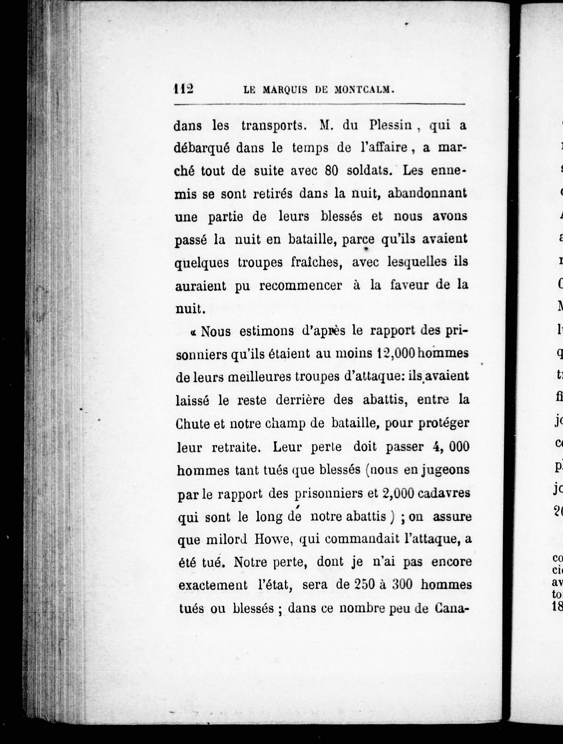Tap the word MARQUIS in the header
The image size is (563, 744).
(x=285, y=90)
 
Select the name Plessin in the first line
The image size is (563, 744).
(x=390, y=126)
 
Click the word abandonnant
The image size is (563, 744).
(x=427, y=193)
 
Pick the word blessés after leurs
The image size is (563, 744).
(x=341, y=216)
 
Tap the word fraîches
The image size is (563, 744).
(x=316, y=262)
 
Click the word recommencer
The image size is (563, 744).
(x=301, y=286)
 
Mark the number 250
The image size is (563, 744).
(x=365, y=585)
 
